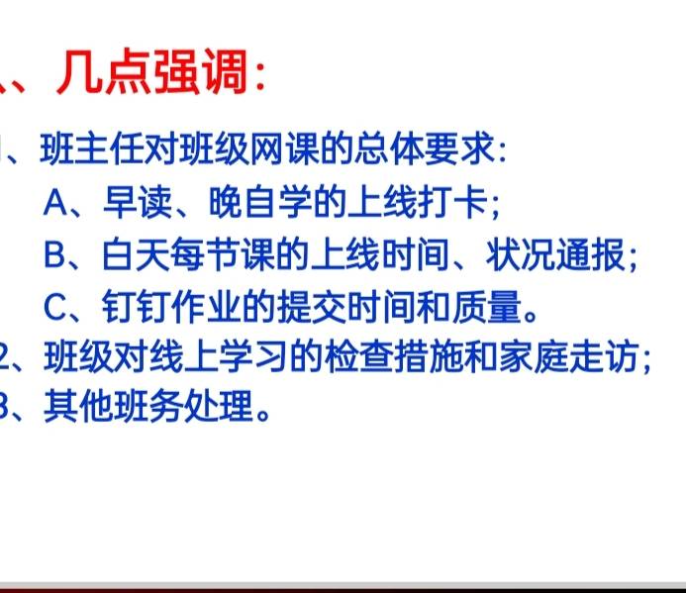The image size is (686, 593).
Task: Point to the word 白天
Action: [x=132, y=256]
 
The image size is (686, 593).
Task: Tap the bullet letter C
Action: [x=56, y=308]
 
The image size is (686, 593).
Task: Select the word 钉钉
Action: [x=132, y=308]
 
